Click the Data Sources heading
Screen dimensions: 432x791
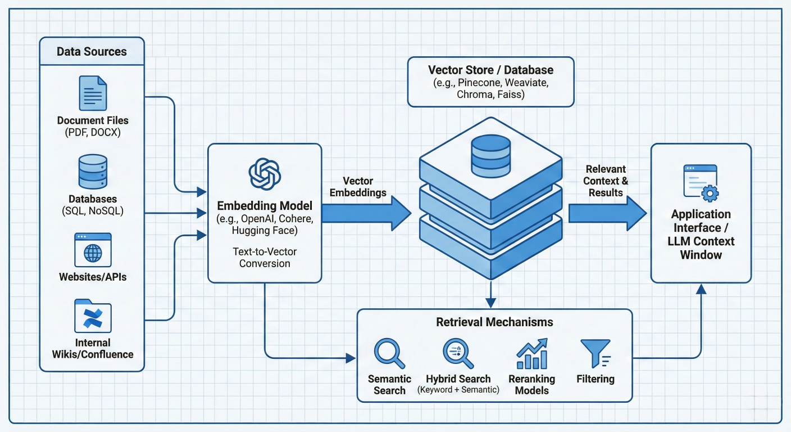(x=92, y=52)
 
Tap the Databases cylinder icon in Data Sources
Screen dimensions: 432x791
(x=93, y=172)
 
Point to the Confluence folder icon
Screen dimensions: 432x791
(x=93, y=316)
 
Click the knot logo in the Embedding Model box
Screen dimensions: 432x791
(x=264, y=174)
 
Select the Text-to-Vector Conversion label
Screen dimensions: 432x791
(x=265, y=258)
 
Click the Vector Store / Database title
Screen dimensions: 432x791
(x=490, y=70)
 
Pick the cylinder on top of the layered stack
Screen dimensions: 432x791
(x=490, y=154)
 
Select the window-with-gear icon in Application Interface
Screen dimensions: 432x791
(x=701, y=182)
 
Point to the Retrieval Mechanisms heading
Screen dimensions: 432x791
(x=494, y=322)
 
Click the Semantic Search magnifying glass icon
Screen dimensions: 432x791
(x=389, y=353)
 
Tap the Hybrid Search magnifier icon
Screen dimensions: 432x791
(x=458, y=353)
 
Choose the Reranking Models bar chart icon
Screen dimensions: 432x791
(x=531, y=353)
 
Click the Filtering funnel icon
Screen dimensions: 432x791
(x=595, y=353)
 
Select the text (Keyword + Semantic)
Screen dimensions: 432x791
(x=458, y=390)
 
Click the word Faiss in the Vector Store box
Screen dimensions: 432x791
(x=510, y=94)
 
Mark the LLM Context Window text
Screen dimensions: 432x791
(x=701, y=247)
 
